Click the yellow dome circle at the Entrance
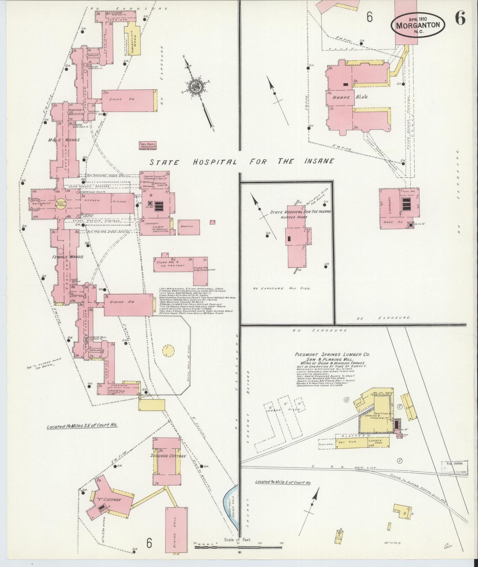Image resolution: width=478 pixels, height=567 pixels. tap(61, 203)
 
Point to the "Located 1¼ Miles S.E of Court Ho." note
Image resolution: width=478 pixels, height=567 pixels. tap(82, 426)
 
